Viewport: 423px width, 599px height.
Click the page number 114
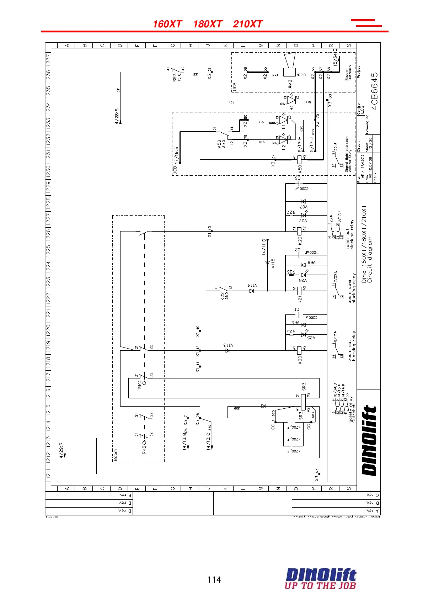[214, 580]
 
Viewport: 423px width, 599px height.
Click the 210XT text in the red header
[248, 24]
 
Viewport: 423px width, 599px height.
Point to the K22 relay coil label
[300, 241]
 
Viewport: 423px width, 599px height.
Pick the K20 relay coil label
[300, 360]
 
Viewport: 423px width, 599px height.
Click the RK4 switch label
[140, 385]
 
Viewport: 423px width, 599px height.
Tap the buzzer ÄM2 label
[290, 84]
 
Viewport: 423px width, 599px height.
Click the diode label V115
[273, 263]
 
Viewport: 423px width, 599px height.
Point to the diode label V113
[228, 345]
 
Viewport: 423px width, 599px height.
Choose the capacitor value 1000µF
[311, 252]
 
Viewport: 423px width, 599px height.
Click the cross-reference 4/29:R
[61, 450]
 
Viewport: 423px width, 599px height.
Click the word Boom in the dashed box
[116, 455]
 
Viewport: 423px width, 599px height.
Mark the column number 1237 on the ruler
[48, 59]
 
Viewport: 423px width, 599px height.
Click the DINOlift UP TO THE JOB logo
[320, 579]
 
